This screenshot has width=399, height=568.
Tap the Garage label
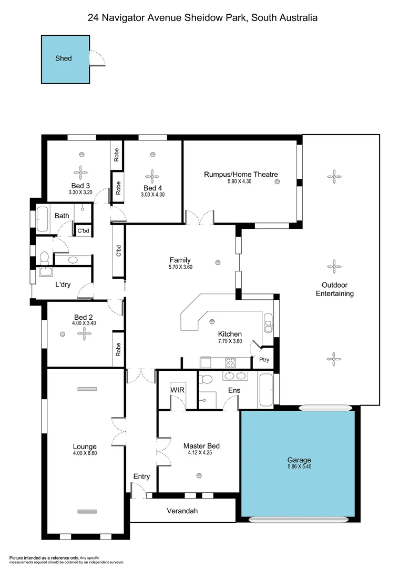point(299,459)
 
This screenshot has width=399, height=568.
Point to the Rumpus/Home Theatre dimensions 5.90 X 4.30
point(241,182)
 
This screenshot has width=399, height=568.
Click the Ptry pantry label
point(263,360)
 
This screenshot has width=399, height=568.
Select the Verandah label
point(182,511)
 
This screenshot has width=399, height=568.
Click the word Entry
point(141,476)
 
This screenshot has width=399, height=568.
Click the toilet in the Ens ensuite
point(207,380)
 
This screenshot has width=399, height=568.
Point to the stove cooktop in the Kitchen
point(230,362)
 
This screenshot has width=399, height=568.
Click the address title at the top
point(202,18)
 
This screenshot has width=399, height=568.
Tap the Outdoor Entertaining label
point(334,290)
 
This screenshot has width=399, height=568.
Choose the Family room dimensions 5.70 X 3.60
point(180,267)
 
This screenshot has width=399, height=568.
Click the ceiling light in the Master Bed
point(199,475)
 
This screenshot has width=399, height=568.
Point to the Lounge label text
point(85,447)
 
